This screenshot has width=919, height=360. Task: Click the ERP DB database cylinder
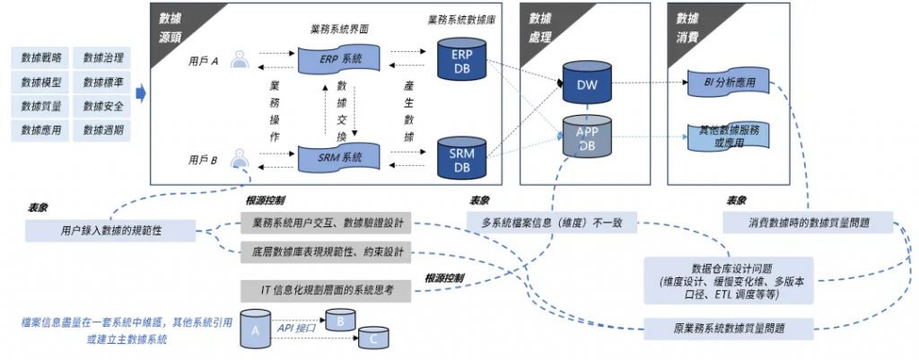(x=460, y=58)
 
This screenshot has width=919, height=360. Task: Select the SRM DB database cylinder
(x=460, y=157)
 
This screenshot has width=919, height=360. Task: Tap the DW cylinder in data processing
(x=586, y=84)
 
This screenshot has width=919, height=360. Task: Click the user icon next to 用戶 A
(x=239, y=60)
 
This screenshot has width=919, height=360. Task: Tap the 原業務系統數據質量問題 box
(x=728, y=328)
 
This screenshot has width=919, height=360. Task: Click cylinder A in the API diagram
(x=256, y=333)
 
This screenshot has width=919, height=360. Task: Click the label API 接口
(x=296, y=329)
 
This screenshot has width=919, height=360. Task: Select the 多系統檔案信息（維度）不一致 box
(x=552, y=222)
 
